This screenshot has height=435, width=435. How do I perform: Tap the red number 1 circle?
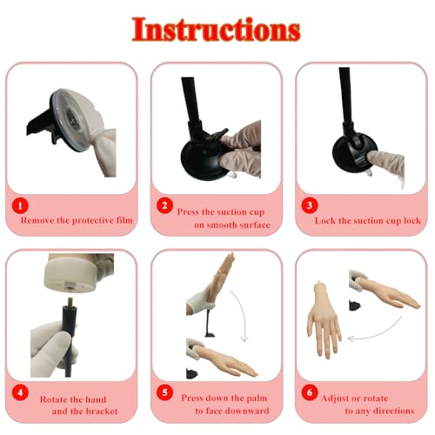[x=22, y=207]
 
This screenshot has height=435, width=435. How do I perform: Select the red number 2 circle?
[x=164, y=207]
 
